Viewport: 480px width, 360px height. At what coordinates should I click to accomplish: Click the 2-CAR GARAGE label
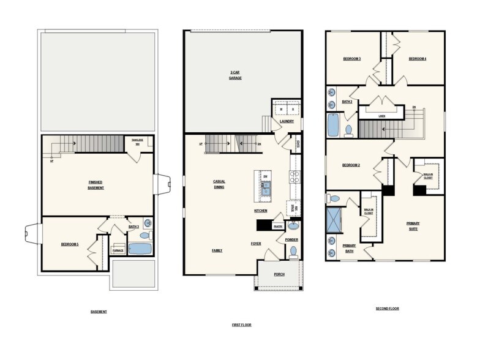[x=234, y=75]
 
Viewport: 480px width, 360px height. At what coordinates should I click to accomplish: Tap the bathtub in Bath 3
[x=140, y=249]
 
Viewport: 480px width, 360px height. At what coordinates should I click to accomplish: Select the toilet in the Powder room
[x=293, y=251]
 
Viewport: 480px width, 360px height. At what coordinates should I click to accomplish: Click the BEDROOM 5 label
[x=69, y=244]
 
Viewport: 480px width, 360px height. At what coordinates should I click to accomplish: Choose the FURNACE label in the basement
[x=118, y=250]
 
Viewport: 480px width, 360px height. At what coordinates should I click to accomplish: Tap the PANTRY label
[x=277, y=225]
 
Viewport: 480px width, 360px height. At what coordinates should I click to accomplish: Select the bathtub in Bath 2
[x=332, y=125]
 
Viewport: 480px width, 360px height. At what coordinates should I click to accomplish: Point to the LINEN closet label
[x=381, y=114]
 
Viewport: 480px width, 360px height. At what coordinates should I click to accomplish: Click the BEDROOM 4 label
[x=417, y=58]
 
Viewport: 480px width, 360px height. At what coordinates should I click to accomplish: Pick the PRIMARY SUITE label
[x=413, y=226]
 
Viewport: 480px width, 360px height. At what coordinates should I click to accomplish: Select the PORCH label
[x=279, y=274]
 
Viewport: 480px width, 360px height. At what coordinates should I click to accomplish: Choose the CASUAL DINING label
[x=219, y=184]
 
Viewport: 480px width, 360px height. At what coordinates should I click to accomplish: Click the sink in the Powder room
[x=292, y=225]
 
